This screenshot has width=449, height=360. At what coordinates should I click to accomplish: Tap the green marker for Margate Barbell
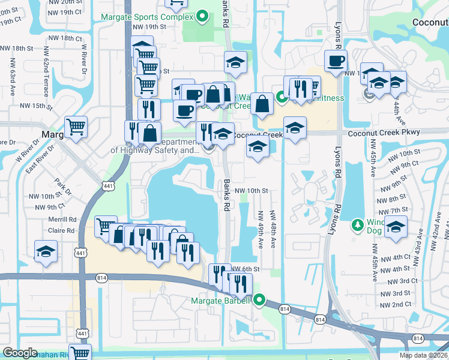[259, 299]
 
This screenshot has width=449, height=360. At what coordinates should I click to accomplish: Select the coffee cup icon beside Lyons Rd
[336, 61]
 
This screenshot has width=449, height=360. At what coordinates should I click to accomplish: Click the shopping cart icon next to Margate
[76, 127]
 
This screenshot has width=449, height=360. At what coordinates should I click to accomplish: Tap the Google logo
[20, 353]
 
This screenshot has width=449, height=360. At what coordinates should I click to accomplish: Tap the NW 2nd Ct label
[397, 304]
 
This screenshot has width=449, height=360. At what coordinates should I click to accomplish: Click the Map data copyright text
[424, 355]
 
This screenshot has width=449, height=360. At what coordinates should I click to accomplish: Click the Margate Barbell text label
[220, 301]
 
